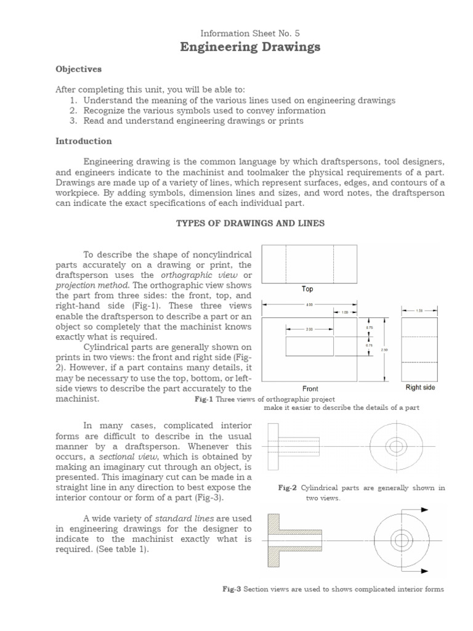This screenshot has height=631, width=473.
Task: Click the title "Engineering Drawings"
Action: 250,47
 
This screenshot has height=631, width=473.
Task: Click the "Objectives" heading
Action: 78,69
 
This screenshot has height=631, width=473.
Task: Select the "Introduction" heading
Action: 84,141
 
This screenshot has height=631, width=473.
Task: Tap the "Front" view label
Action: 310,389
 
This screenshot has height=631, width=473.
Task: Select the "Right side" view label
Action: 420,388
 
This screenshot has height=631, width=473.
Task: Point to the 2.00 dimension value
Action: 310,330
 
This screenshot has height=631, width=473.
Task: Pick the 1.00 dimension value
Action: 346,313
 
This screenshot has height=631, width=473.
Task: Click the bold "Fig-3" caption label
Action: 232,589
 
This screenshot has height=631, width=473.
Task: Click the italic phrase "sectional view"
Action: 125,457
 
